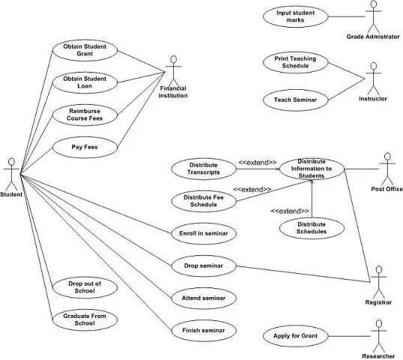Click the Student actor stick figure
tap(11, 173)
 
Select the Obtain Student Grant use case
tap(85, 51)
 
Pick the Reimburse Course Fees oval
tap(85, 115)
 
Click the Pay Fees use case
tap(85, 147)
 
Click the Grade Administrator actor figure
tap(372, 15)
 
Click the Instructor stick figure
tap(372, 77)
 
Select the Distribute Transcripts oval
tap(204, 168)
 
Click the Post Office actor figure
tap(387, 170)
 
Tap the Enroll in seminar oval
tap(204, 234)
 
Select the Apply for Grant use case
tap(295, 337)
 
